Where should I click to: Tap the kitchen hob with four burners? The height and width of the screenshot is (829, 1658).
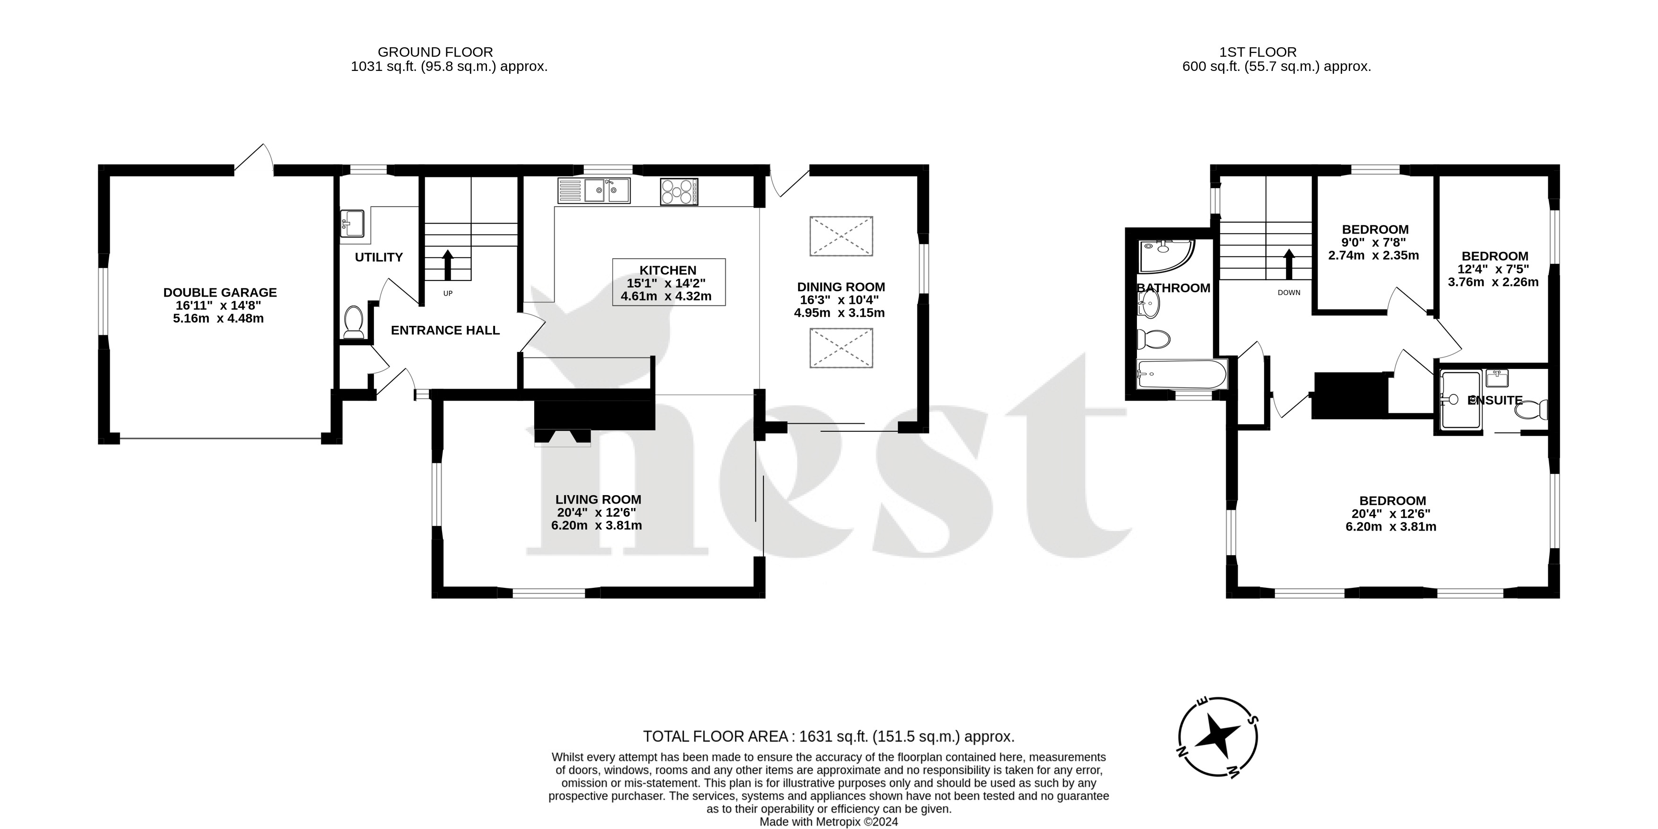[678, 191]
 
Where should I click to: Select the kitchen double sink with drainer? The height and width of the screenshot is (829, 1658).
[593, 191]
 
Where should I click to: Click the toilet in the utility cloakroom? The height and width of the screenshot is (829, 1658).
[353, 322]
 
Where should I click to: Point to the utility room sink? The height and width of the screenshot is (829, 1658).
[352, 223]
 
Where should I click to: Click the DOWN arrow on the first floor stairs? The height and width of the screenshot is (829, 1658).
[1289, 264]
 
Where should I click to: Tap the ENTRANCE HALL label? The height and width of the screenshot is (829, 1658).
[445, 330]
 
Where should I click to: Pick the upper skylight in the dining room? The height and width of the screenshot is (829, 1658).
[841, 236]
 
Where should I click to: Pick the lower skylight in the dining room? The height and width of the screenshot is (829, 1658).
[841, 348]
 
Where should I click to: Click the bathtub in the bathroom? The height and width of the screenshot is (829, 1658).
[1182, 374]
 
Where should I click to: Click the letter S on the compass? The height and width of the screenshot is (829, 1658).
[1251, 720]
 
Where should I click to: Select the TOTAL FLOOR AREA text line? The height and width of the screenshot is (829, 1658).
[828, 736]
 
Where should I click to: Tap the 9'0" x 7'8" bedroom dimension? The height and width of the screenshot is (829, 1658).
[1374, 242]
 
